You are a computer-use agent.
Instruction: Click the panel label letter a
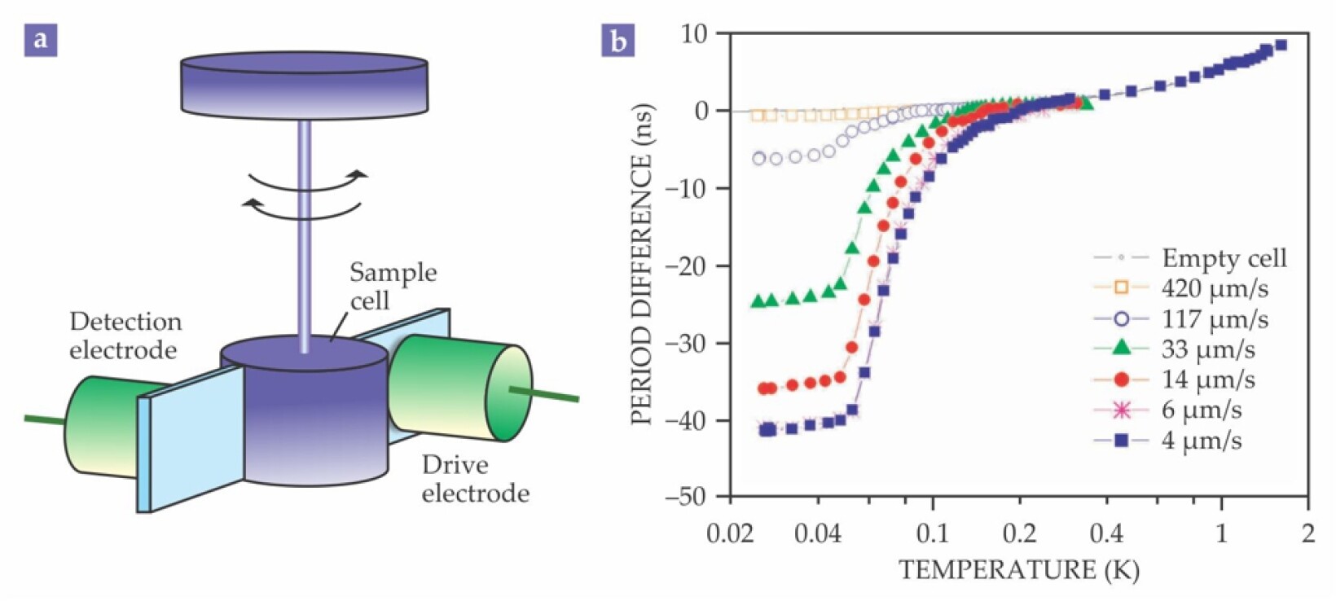pos(41,39)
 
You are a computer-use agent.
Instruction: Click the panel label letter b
pos(617,39)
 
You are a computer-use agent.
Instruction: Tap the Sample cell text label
pos(392,286)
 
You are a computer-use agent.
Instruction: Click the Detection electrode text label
pos(125,336)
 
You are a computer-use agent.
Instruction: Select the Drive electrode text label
pos(474,479)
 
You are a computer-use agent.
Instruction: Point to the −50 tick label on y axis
pos(686,497)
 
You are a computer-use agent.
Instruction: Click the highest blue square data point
pos(1280,46)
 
